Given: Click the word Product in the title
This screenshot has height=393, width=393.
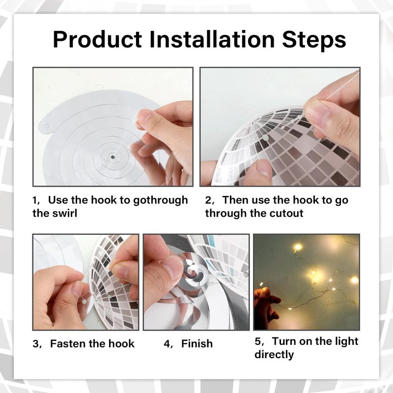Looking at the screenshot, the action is pyautogui.click(x=97, y=40).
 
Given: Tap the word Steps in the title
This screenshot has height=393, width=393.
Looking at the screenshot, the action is pyautogui.click(x=314, y=40).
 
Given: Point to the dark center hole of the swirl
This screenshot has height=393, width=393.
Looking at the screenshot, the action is pyautogui.click(x=112, y=157).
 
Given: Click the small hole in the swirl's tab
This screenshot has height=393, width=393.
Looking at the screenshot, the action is pyautogui.click(x=47, y=126).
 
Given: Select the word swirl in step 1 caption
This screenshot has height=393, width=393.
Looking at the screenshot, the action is pyautogui.click(x=65, y=213).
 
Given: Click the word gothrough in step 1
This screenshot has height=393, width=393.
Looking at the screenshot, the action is pyautogui.click(x=161, y=200).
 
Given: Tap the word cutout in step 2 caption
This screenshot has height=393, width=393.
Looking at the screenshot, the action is pyautogui.click(x=286, y=213).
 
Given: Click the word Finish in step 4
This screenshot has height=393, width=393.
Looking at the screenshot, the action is pyautogui.click(x=197, y=343).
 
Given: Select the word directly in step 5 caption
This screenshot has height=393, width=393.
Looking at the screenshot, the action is pyautogui.click(x=274, y=355).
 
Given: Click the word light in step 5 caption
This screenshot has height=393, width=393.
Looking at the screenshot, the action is pyautogui.click(x=347, y=341).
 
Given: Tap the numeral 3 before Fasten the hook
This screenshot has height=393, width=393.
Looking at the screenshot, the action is pyautogui.click(x=36, y=343).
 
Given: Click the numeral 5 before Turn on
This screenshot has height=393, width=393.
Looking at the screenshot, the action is pyautogui.click(x=258, y=341).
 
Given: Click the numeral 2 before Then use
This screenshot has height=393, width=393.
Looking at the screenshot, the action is pyautogui.click(x=208, y=200).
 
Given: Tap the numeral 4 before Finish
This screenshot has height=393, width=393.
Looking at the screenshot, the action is pyautogui.click(x=167, y=343).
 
